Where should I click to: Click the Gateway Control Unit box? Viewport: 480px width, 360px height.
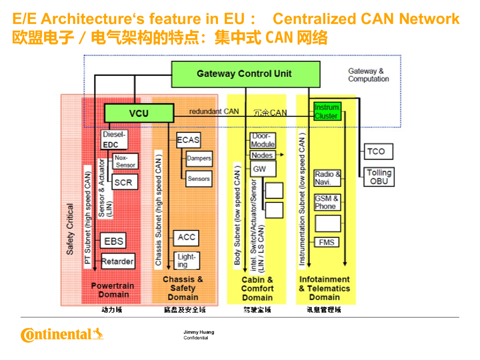[245, 74]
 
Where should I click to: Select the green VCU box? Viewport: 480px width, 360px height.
[138, 113]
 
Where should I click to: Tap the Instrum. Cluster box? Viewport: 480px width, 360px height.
[326, 112]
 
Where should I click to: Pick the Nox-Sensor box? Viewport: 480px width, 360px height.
[126, 161]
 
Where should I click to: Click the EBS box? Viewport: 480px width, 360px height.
[113, 241]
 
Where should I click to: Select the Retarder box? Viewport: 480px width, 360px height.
[118, 261]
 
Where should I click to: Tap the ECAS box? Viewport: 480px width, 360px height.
[188, 140]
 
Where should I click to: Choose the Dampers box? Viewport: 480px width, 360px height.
[199, 158]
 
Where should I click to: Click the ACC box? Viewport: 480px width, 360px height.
[186, 237]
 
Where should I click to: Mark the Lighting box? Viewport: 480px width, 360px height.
[186, 261]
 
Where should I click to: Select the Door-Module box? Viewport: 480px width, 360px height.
[262, 140]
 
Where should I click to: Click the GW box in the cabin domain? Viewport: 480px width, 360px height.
[262, 169]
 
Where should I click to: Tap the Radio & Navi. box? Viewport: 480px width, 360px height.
[327, 178]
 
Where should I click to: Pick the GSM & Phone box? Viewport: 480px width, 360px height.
[327, 202]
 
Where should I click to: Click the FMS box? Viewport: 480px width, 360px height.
[327, 242]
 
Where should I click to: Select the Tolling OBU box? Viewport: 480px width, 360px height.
[379, 177]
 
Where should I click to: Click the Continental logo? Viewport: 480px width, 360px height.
[62, 335]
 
